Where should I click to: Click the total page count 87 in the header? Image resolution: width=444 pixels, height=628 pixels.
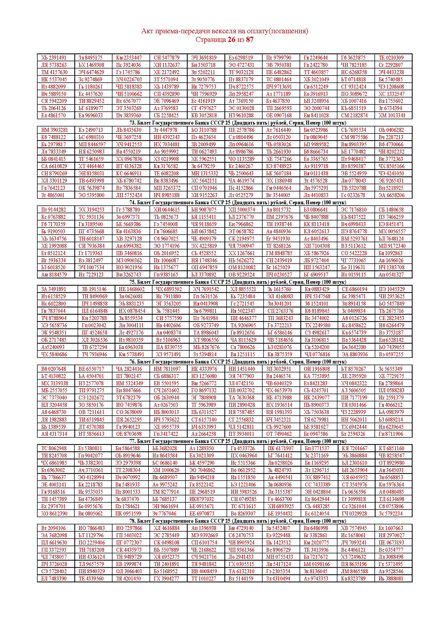point(250,40)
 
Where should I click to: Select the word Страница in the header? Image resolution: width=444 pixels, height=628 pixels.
point(210,40)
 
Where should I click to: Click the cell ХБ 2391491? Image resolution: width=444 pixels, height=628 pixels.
point(54,58)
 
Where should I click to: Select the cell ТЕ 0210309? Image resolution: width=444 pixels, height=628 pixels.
point(391,58)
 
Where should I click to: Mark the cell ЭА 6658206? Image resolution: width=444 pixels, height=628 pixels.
point(391,195)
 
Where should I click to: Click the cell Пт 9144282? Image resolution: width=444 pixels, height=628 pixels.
point(54,210)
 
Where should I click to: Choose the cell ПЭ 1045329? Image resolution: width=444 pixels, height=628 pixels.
point(391,289)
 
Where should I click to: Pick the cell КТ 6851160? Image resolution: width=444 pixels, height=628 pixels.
point(391,448)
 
